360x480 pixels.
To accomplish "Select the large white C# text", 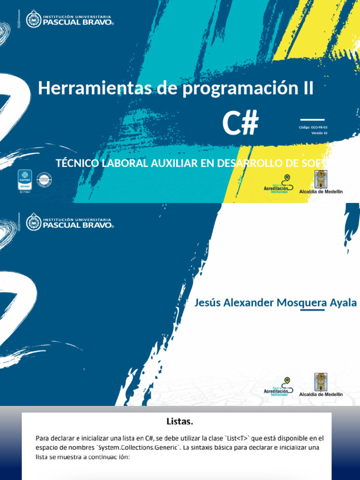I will pyautogui.click(x=240, y=123).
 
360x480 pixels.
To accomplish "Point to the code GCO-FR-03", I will pyautogui.click(x=319, y=127).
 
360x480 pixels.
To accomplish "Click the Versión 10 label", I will pyautogui.click(x=319, y=133).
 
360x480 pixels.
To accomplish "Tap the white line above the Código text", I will pyautogui.click(x=312, y=120).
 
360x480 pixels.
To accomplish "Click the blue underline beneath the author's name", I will pyautogui.click(x=312, y=310).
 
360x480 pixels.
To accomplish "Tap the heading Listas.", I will pyautogui.click(x=180, y=421).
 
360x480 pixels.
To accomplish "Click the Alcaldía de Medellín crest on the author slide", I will pyautogui.click(x=321, y=382).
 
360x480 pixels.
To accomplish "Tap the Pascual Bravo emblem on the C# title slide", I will pyautogui.click(x=34, y=19).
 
